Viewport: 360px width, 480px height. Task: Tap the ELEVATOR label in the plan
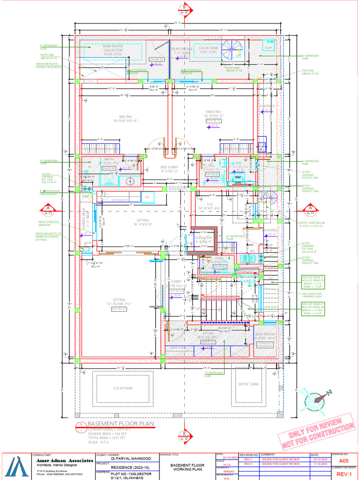click(203, 238)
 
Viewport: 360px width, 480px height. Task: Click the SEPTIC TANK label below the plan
click(248, 384)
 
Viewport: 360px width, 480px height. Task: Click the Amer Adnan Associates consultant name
click(65, 460)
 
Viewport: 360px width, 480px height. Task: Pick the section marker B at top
click(185, 9)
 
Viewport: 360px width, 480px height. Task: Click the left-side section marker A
click(47, 209)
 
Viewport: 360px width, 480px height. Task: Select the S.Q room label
click(210, 204)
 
